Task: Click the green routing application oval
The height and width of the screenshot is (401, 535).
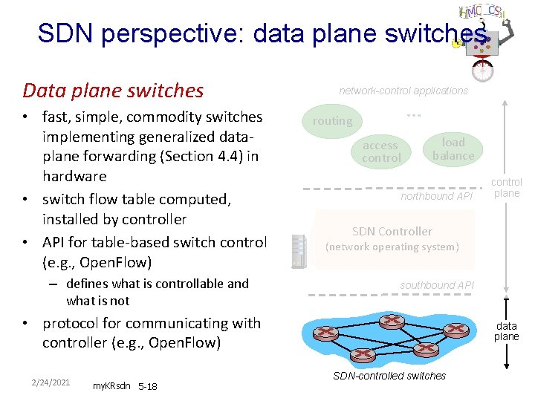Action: (332, 121)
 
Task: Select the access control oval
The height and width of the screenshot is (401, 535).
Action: (381, 151)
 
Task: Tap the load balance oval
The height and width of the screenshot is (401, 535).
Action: (453, 149)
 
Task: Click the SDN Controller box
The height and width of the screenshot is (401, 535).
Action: (392, 238)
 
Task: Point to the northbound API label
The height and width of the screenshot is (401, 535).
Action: (436, 197)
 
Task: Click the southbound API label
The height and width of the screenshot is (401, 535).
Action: (436, 285)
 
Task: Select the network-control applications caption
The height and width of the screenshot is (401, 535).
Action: (403, 91)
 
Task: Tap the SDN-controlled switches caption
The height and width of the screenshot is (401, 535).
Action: (389, 376)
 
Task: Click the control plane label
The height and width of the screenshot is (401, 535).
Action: (507, 187)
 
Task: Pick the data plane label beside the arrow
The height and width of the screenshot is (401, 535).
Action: (507, 331)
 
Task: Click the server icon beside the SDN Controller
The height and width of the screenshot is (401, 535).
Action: (299, 252)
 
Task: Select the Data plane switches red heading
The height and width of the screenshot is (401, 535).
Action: (113, 91)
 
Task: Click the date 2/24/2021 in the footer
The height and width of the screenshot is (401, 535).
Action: (51, 382)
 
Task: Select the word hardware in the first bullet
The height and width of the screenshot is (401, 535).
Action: (74, 177)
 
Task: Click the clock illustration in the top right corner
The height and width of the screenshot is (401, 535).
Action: (482, 70)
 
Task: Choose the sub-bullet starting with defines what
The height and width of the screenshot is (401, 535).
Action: (157, 292)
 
